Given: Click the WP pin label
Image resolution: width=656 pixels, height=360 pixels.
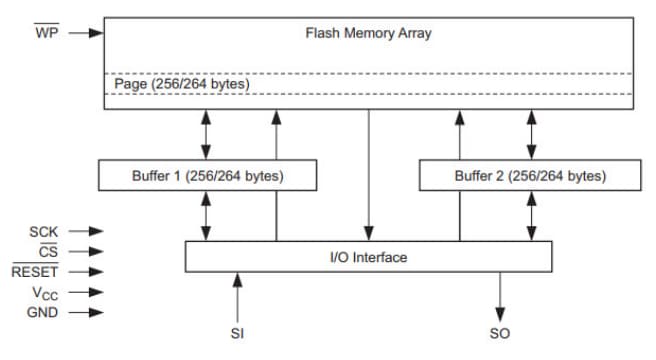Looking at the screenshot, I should [47, 33].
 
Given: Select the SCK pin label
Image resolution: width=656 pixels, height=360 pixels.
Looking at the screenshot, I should [45, 232].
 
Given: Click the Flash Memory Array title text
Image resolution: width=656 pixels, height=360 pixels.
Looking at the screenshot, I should [368, 33].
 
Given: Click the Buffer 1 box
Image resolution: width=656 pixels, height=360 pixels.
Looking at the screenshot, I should [207, 176].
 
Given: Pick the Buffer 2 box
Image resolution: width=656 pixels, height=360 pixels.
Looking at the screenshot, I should [529, 176].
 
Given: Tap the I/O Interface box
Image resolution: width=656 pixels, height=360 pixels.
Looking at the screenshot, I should [368, 257].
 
